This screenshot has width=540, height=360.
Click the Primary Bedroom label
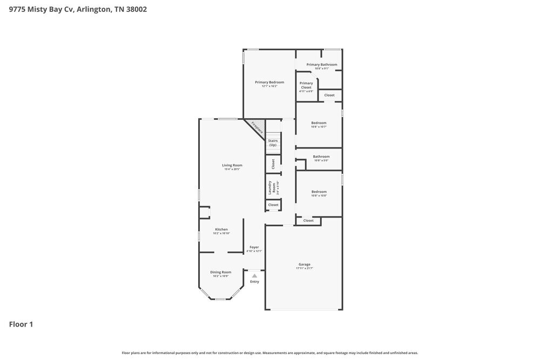point(269,83)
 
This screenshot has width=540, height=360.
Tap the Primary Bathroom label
point(322,65)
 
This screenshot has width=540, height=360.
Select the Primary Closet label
point(306,85)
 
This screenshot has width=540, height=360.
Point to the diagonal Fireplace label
point(257,128)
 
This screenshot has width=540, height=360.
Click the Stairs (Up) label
point(273,142)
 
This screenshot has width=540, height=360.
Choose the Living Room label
point(232,165)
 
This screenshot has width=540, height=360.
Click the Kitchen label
point(221,229)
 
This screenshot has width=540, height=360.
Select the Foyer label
point(254,247)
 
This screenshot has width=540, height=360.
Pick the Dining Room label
point(220,272)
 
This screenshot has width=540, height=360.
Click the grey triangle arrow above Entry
point(254,276)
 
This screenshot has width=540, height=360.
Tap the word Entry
point(254,282)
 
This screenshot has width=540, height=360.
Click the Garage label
point(305,264)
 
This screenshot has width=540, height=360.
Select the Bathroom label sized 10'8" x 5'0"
point(321,157)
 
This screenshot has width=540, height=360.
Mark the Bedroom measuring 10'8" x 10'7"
point(319,123)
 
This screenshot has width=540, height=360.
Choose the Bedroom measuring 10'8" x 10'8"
point(319,192)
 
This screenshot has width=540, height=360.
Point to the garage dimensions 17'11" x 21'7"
point(305,268)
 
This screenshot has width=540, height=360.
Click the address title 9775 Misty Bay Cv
point(78,9)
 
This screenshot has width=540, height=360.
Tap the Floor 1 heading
point(21,324)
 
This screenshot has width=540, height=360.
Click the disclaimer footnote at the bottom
point(270,353)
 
